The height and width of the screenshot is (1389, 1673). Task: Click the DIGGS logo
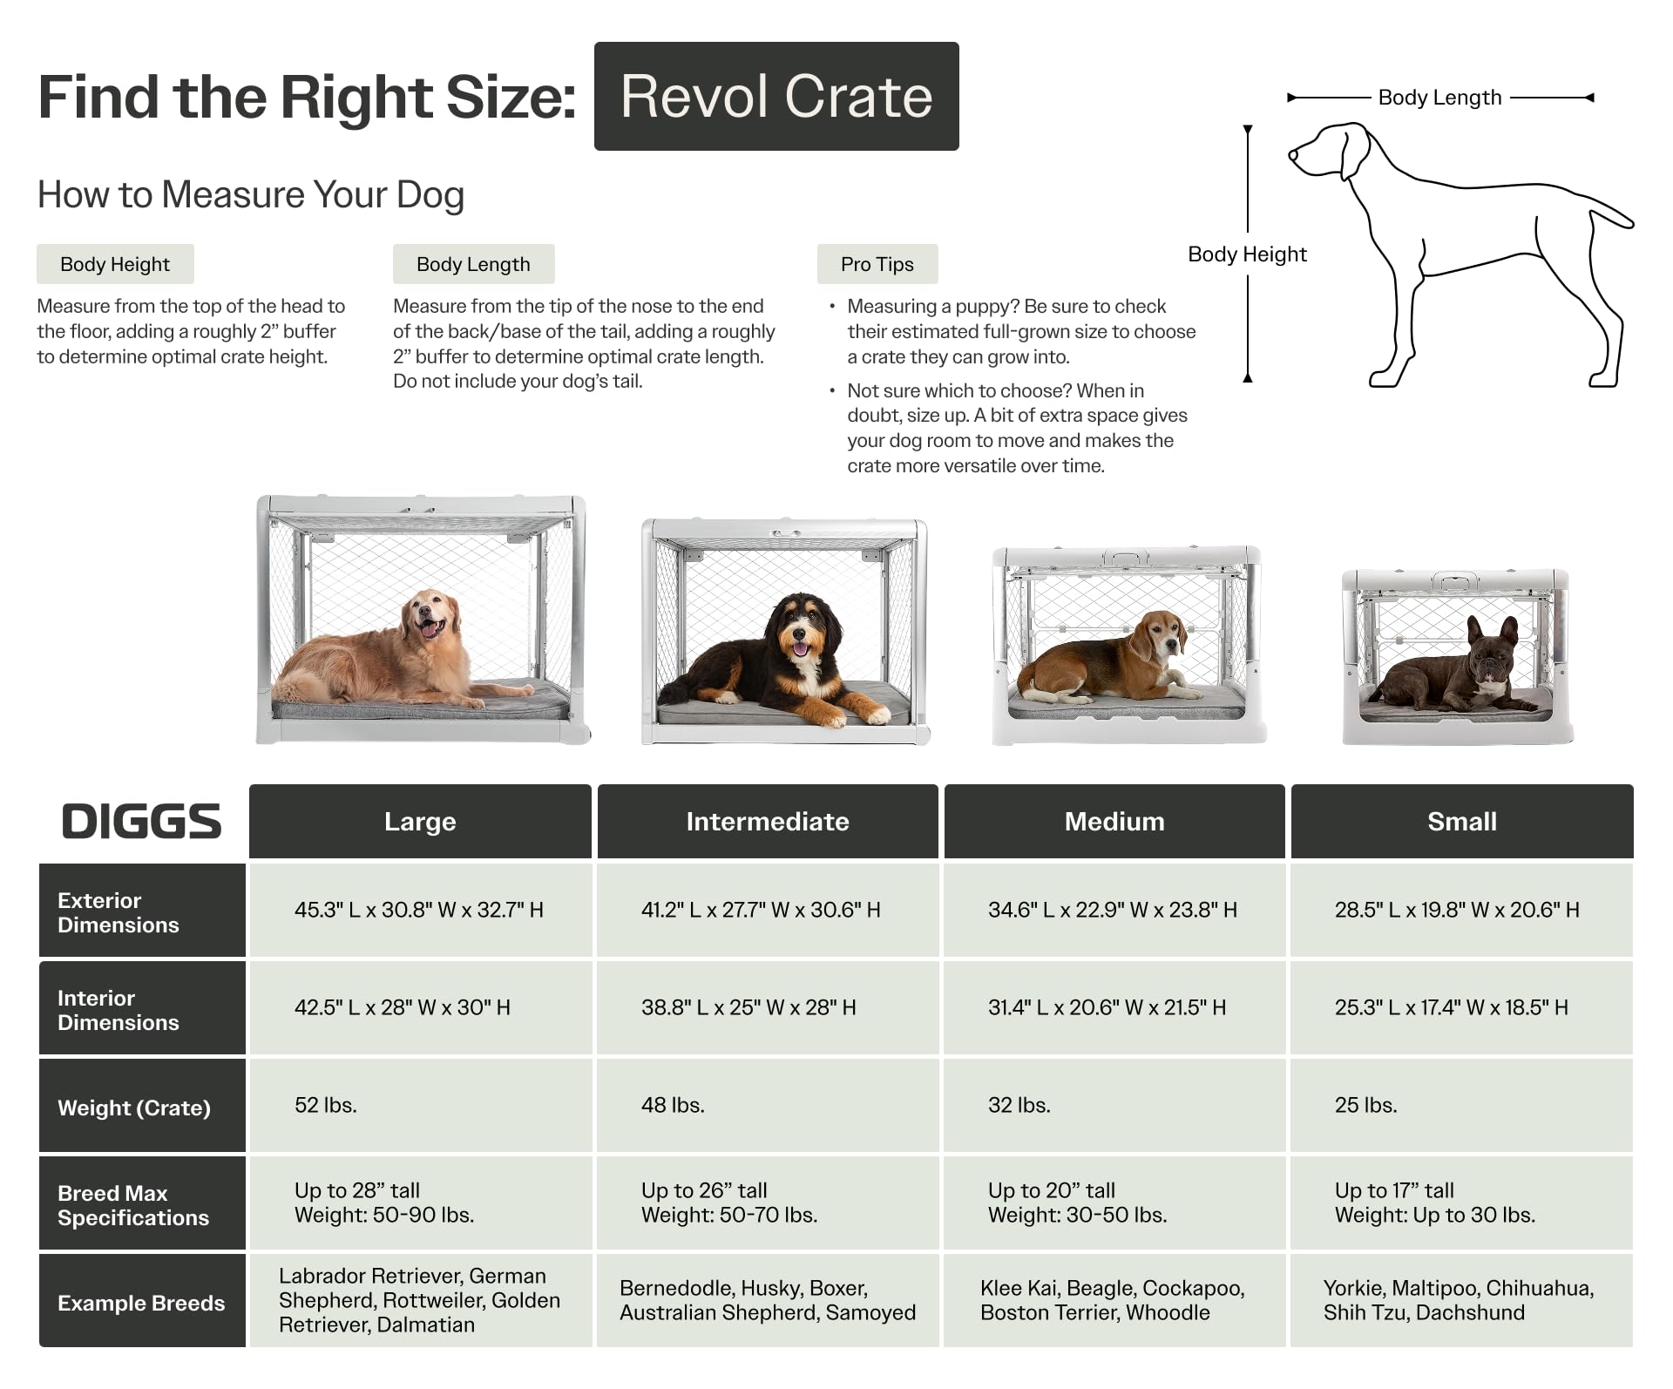141,821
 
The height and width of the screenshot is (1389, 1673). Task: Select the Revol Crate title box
776,97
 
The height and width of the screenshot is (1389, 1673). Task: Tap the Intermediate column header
767,821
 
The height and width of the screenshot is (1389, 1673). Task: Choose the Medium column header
1114,821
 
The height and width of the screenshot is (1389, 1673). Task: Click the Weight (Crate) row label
134,1108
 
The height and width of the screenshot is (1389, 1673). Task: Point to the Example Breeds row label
141,1303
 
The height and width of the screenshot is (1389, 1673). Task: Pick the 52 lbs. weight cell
326,1105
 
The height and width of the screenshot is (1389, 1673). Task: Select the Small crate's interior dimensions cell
1451,1007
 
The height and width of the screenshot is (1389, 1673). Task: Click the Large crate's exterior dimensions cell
419,910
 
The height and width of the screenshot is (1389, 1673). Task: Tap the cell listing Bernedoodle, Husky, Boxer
767,1300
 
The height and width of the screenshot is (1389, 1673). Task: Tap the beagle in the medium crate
1107,662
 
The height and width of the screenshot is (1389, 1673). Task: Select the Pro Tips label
877,264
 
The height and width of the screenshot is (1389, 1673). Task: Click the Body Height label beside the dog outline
1247,254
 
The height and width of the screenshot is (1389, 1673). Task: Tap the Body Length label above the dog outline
1439,98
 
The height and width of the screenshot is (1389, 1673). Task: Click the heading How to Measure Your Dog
251,194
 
